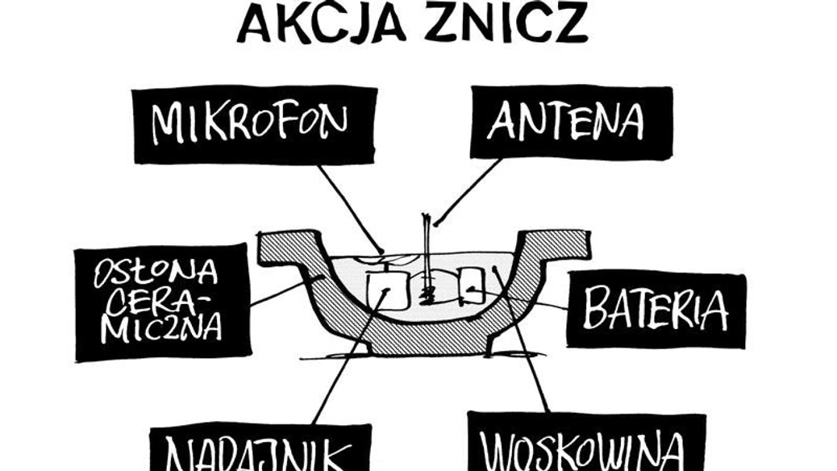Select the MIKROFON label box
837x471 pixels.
(254, 124)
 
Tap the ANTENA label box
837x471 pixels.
(570, 123)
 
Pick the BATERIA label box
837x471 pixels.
(656, 310)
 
